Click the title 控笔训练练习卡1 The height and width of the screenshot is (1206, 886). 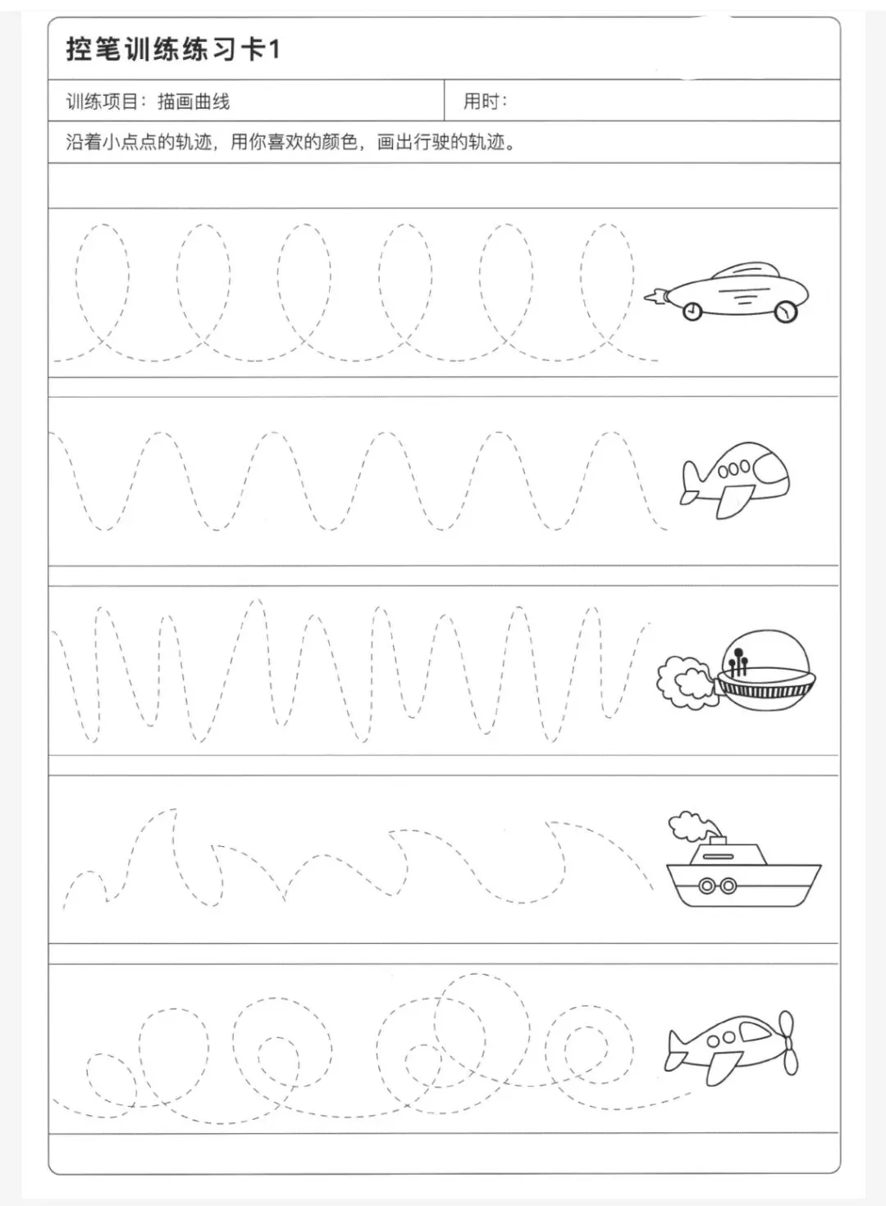click(173, 49)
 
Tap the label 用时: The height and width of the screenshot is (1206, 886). click(486, 101)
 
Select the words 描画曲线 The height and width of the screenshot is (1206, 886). click(194, 101)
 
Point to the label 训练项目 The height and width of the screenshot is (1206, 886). click(102, 101)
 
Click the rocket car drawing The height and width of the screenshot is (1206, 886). click(727, 292)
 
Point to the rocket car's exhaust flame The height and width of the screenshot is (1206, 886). click(655, 296)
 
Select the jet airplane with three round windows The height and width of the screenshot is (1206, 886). click(735, 480)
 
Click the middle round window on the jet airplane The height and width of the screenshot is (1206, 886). click(734, 469)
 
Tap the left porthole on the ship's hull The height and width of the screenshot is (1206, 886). click(706, 885)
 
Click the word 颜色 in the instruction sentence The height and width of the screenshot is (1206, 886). click(340, 142)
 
